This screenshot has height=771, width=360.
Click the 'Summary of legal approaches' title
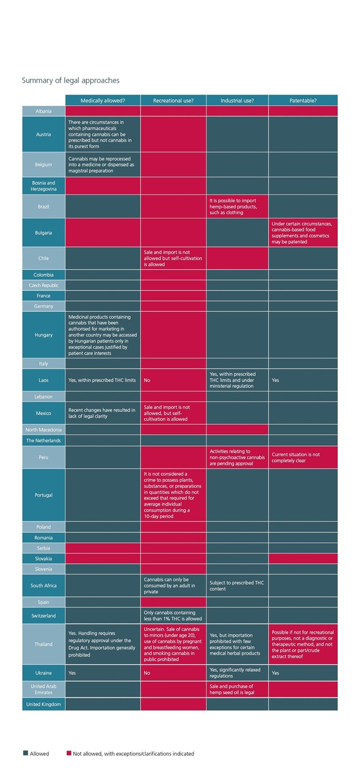click(x=70, y=81)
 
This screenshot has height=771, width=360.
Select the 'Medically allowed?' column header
click(x=102, y=100)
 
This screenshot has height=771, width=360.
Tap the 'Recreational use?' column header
click(x=173, y=100)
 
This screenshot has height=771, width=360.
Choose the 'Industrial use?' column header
click(x=237, y=100)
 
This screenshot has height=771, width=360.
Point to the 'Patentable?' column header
click(x=303, y=100)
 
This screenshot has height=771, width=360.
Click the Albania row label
click(x=44, y=111)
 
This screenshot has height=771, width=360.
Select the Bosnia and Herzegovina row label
click(x=44, y=186)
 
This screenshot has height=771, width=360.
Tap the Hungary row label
click(x=44, y=335)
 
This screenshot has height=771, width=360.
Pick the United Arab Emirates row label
click(x=44, y=689)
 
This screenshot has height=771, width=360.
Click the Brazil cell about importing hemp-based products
click(x=237, y=206)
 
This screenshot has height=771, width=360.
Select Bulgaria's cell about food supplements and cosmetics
click(x=303, y=233)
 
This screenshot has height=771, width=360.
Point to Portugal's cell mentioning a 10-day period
click(x=173, y=495)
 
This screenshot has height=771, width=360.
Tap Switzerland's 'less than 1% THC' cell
click(x=173, y=615)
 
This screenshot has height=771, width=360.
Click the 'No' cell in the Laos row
click(x=173, y=381)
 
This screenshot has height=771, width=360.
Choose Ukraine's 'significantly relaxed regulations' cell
click(x=237, y=673)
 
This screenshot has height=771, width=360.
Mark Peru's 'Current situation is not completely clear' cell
click(x=303, y=458)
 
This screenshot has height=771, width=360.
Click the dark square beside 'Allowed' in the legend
click(x=25, y=753)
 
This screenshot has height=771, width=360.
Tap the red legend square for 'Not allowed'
click(x=69, y=753)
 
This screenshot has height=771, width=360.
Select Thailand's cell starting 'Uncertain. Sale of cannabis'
click(x=173, y=644)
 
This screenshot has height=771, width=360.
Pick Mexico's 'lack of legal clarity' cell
click(x=102, y=413)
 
